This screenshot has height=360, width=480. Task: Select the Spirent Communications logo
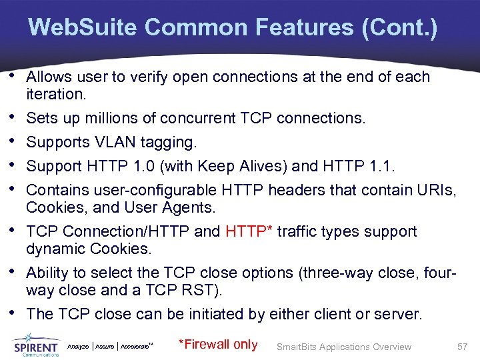[36, 345]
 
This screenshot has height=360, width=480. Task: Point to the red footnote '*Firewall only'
[219, 345]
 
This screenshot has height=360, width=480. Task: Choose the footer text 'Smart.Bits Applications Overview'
[344, 347]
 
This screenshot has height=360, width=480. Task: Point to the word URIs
[438, 191]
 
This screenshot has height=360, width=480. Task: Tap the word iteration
[56, 94]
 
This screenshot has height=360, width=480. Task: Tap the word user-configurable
[144, 191]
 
